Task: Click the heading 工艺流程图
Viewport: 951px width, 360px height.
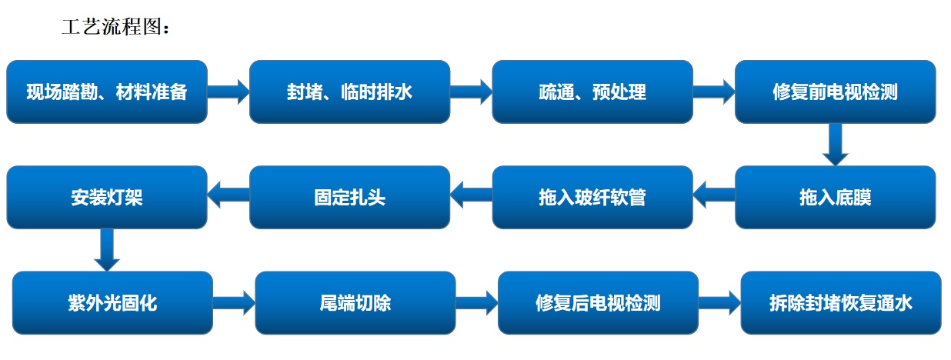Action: tap(115, 27)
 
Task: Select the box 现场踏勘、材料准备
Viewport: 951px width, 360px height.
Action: tap(107, 92)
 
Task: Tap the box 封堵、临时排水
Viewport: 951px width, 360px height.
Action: tap(350, 92)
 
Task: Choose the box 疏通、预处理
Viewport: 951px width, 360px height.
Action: tap(592, 92)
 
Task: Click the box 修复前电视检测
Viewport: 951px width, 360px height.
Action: tap(836, 92)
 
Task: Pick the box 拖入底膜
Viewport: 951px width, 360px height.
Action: tap(836, 198)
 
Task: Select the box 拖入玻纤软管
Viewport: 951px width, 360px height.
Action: tap(592, 198)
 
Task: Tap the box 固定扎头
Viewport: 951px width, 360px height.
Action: tap(350, 198)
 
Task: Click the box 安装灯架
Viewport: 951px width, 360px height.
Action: tap(107, 198)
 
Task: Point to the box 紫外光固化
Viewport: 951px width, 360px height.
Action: tap(112, 302)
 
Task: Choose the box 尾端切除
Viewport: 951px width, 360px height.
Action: tap(355, 302)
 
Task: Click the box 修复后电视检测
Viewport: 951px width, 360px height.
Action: tap(598, 302)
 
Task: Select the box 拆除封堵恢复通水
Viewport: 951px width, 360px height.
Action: tap(841, 302)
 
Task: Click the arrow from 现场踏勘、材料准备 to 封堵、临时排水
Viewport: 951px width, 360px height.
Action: tap(229, 92)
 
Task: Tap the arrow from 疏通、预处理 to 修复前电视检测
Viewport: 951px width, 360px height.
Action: tap(714, 92)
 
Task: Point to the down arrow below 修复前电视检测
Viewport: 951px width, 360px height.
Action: tap(836, 145)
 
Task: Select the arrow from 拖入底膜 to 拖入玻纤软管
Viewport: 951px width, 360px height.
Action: tap(714, 195)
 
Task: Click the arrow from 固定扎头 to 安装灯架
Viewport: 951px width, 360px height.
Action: tap(229, 195)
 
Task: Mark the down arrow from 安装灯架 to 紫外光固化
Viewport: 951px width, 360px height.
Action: tap(107, 250)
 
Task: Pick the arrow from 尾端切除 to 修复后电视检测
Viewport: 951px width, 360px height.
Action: tap(477, 302)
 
